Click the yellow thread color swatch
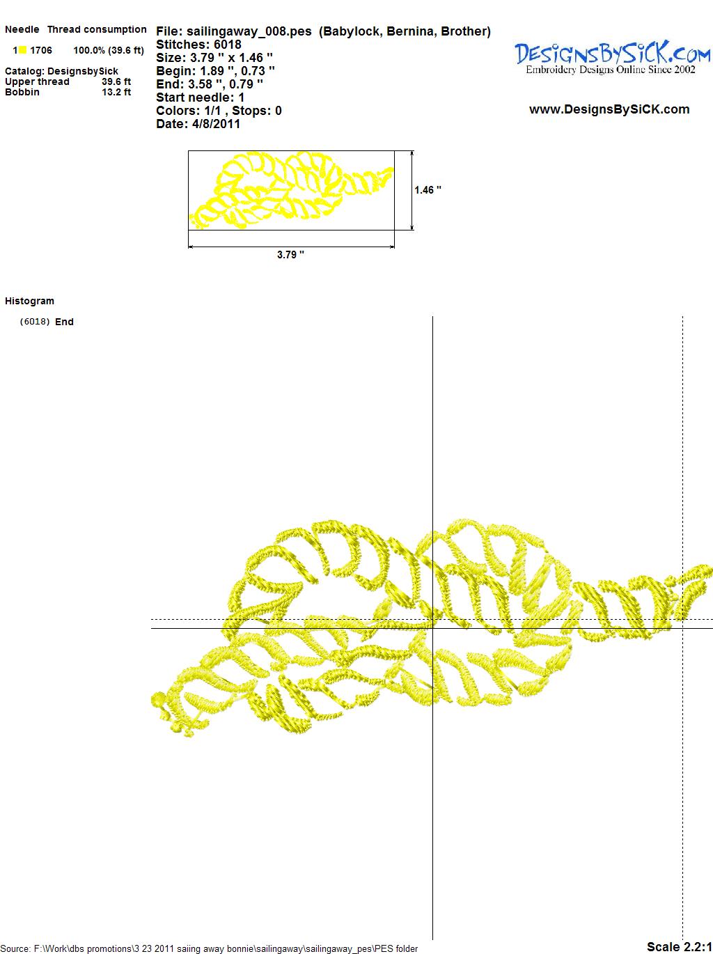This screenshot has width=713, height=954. click(22, 50)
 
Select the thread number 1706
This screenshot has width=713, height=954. click(41, 50)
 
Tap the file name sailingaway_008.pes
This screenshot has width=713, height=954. click(249, 32)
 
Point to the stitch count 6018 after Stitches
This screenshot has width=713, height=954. click(228, 45)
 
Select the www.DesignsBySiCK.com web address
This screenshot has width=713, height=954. click(609, 109)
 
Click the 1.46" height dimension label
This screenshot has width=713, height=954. click(428, 190)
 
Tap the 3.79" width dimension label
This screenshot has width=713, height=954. click(290, 255)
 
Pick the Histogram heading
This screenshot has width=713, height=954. click(29, 301)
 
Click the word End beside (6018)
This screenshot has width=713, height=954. click(64, 322)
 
